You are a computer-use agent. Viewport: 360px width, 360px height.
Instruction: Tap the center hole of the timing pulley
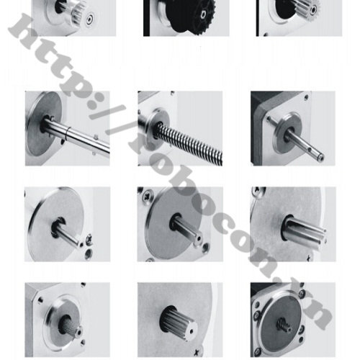coord(90,19)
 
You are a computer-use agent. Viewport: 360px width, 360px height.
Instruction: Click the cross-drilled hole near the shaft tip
coord(310,150)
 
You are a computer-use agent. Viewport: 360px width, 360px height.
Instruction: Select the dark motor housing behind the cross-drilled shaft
coord(258,128)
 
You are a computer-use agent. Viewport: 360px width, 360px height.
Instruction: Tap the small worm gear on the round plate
coord(284,325)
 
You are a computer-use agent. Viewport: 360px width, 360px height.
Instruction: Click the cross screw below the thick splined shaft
coord(198,352)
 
